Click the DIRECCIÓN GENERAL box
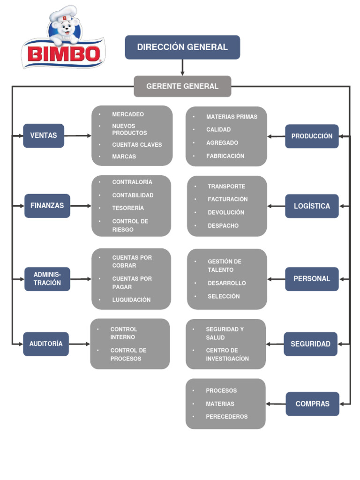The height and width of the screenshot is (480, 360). [182, 47]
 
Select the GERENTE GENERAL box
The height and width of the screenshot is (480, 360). [182, 86]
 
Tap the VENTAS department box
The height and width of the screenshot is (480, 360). [44, 135]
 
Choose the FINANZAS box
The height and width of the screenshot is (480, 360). [47, 206]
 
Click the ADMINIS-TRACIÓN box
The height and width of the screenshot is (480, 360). [47, 279]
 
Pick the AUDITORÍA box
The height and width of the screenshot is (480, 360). [46, 344]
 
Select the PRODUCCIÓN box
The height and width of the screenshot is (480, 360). [312, 136]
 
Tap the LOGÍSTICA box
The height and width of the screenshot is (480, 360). [312, 206]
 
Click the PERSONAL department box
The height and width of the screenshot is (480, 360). [312, 279]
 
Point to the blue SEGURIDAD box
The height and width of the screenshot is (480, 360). [310, 344]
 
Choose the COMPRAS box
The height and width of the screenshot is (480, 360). [312, 404]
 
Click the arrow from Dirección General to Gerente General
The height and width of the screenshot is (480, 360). [182, 67]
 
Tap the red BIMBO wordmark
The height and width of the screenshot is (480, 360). [63, 53]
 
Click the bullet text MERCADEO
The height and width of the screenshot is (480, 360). [128, 114]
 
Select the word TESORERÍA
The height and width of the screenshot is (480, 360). [128, 208]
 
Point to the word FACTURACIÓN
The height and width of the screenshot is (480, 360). [228, 199]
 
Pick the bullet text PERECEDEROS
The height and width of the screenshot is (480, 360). [227, 417]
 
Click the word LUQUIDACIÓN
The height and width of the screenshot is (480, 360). [131, 300]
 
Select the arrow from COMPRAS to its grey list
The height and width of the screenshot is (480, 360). [276, 404]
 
